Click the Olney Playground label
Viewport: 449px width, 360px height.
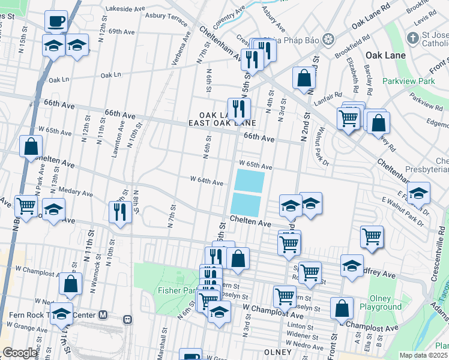pos(381,302)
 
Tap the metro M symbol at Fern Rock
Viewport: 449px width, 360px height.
pos(103,314)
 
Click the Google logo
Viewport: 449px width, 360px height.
pos(19,352)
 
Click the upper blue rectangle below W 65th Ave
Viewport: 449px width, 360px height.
pos(249,181)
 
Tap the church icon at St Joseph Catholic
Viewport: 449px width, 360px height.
pos(412,38)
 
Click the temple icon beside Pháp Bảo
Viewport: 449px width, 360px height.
pos(327,40)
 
